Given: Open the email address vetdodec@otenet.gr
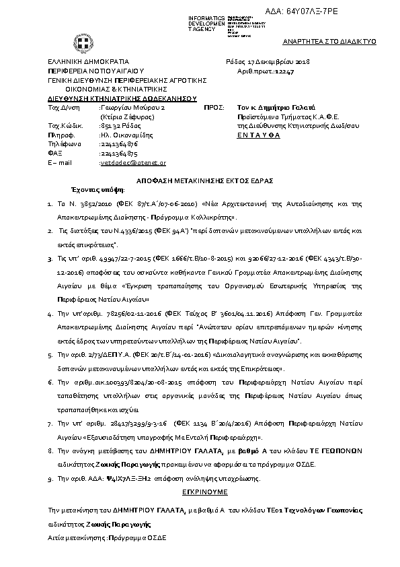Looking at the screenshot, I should pyautogui.click(x=133, y=163).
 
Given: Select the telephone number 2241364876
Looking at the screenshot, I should pyautogui.click(x=118, y=143).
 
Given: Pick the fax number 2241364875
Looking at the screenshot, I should pyautogui.click(x=118, y=154).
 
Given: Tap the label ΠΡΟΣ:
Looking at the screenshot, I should pyautogui.click(x=213, y=107).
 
